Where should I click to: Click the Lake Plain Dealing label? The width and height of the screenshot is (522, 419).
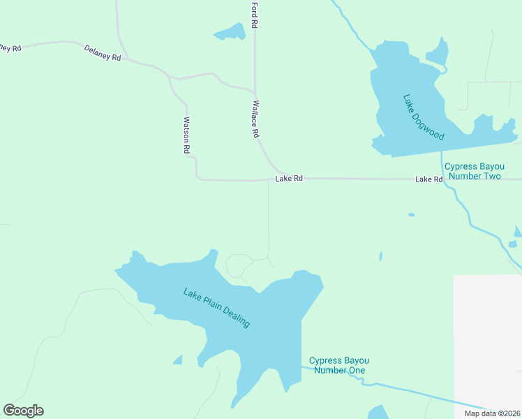click(216, 308)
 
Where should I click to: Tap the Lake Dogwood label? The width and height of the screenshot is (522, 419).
click(424, 117)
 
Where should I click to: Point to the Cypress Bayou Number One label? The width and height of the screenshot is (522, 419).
click(337, 365)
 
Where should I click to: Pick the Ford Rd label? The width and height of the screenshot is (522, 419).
click(255, 15)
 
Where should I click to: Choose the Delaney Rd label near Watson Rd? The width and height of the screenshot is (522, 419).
click(103, 52)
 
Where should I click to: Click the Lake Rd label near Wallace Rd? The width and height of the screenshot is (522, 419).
click(289, 179)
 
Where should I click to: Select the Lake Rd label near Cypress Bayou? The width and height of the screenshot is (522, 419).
click(429, 179)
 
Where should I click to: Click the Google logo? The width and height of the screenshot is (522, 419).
click(23, 411)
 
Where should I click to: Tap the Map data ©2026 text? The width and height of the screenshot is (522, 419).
click(491, 413)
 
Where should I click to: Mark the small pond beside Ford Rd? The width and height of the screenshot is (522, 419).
click(230, 32)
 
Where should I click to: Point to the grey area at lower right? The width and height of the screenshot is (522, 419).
click(487, 335)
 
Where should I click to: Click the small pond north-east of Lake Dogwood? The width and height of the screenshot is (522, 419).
click(438, 52)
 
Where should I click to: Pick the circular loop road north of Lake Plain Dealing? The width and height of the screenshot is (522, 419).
click(239, 266)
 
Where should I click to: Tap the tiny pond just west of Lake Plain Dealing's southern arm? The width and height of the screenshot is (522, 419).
click(178, 360)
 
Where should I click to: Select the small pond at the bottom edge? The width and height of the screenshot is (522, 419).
click(378, 413)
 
